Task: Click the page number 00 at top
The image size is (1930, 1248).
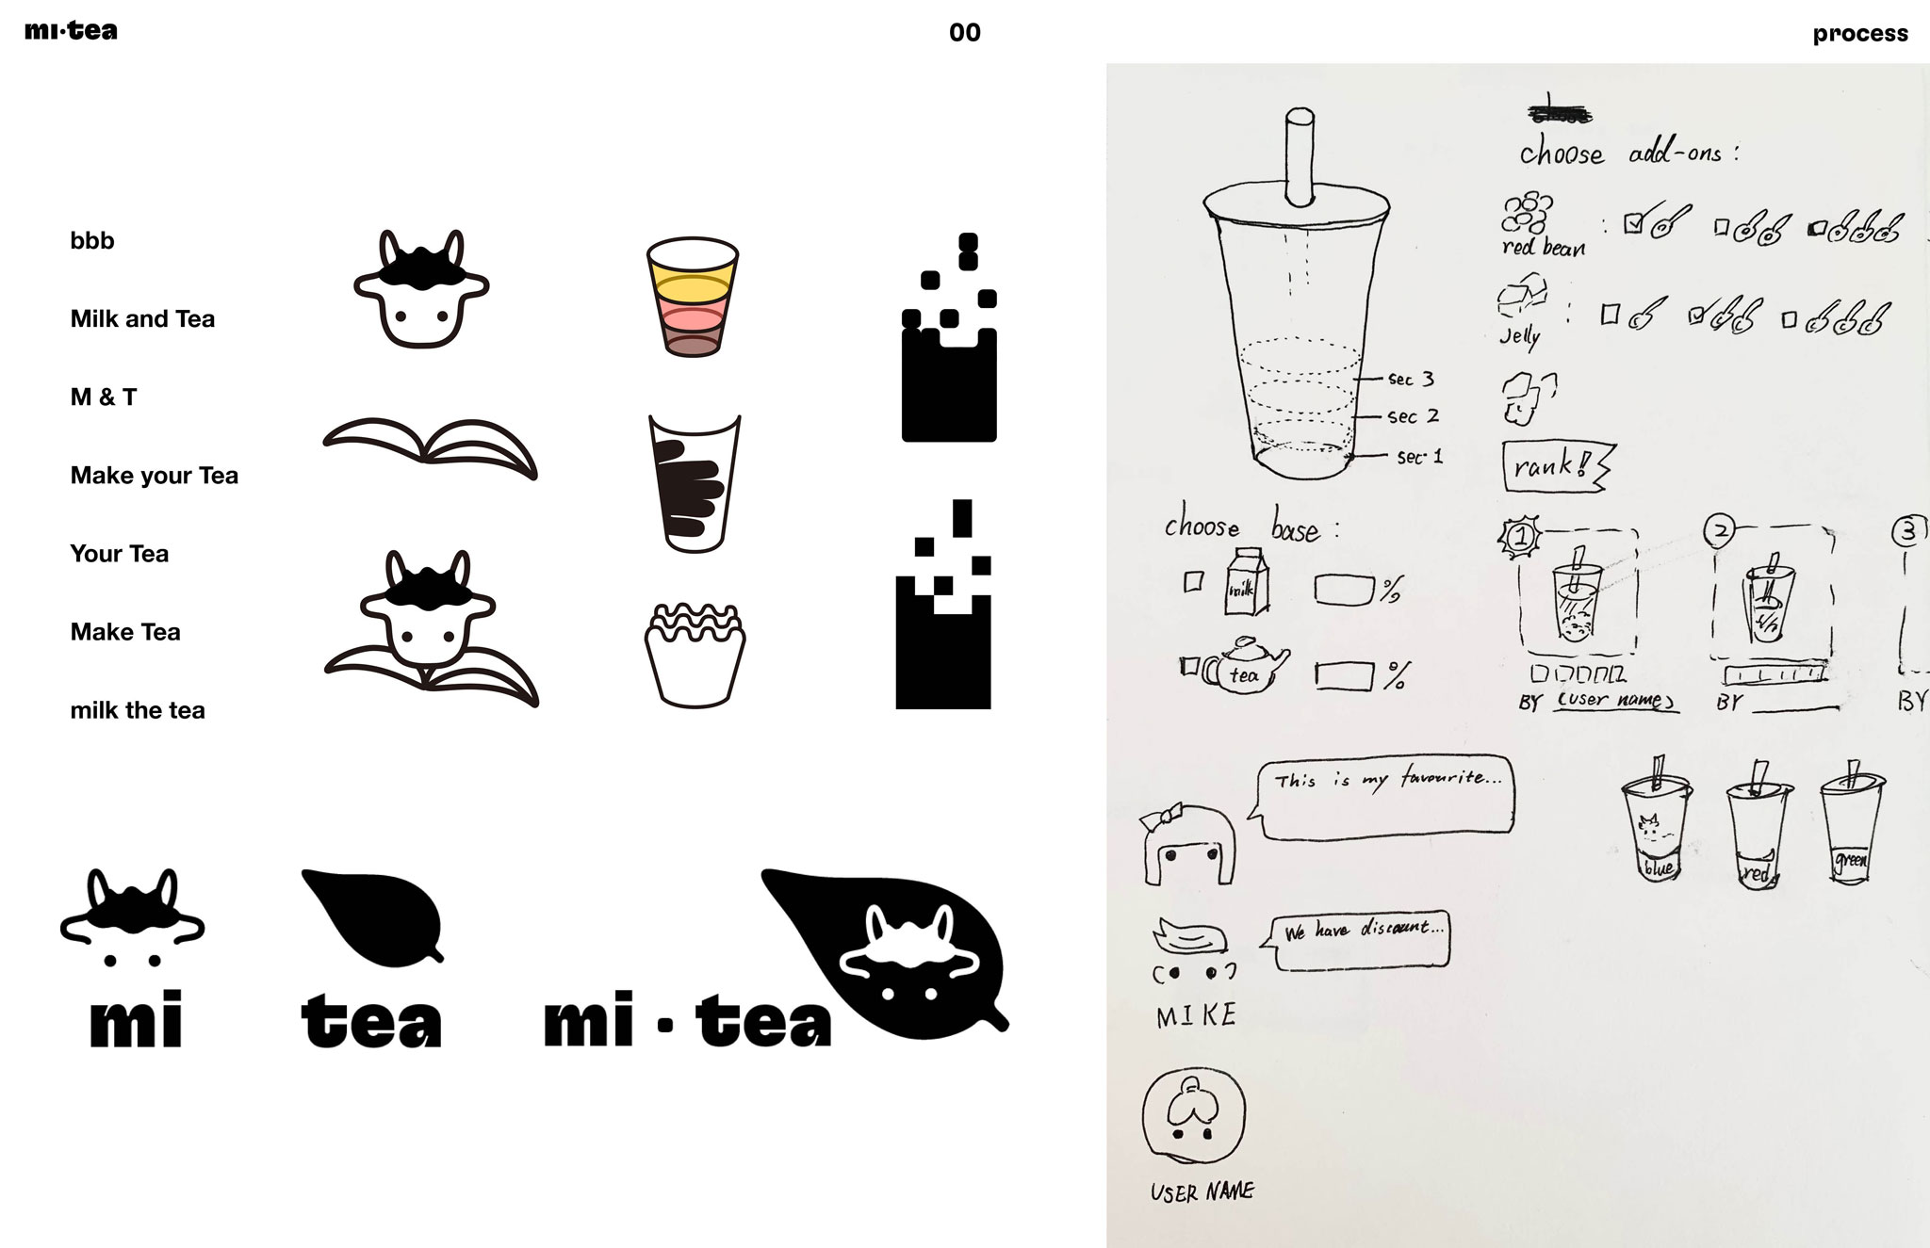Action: (964, 33)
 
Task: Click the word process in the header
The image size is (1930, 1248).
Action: (1859, 34)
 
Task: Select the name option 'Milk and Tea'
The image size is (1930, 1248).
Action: (142, 319)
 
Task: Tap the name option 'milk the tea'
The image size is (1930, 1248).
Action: (138, 710)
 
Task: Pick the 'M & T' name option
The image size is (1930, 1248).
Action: (104, 397)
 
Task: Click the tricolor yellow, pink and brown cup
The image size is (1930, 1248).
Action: (693, 297)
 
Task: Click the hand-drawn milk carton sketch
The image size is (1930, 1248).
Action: (1246, 582)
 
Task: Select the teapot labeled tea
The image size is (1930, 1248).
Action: (1244, 667)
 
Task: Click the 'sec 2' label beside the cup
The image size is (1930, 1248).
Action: (1413, 416)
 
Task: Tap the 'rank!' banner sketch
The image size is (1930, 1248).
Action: (1555, 466)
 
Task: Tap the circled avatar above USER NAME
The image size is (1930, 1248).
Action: (1193, 1117)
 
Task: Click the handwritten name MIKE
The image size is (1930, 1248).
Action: (1196, 1015)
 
